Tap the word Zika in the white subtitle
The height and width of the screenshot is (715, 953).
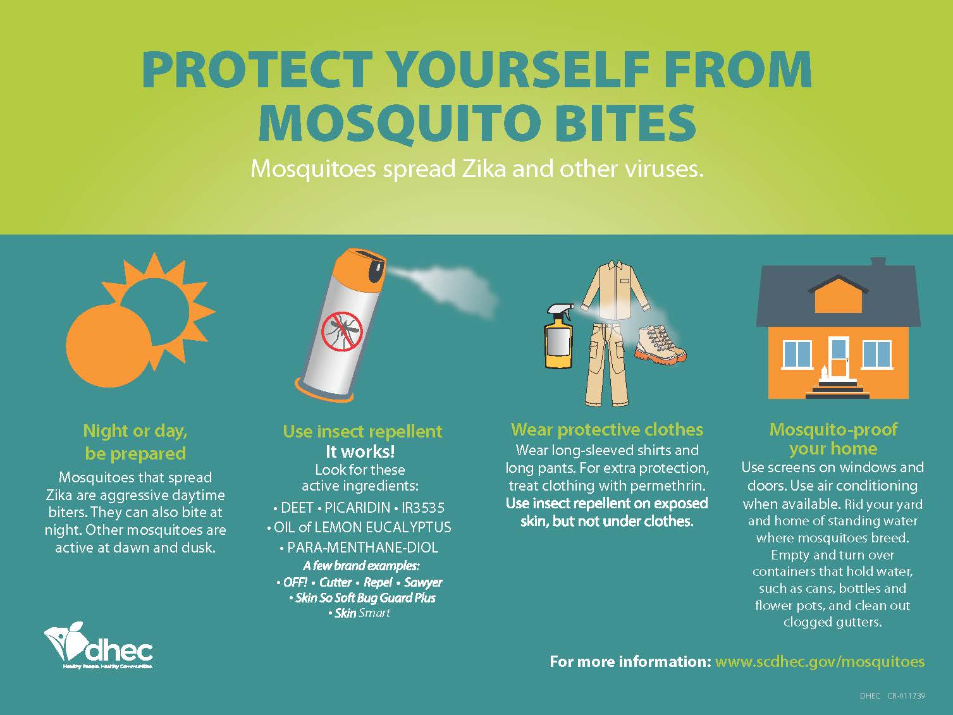483,169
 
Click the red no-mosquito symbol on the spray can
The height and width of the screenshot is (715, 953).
342,333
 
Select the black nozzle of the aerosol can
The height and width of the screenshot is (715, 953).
377,271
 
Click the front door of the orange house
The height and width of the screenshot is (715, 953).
839,358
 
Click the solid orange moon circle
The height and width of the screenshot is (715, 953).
109,345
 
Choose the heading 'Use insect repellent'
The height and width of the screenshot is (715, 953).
362,432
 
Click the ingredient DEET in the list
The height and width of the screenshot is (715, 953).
297,508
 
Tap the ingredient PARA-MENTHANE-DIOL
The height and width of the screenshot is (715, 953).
362,547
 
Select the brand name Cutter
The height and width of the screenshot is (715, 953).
335,582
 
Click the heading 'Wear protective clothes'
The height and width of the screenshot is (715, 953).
607,429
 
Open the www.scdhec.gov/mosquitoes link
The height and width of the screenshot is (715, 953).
820,662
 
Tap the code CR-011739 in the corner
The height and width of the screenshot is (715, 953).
906,696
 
